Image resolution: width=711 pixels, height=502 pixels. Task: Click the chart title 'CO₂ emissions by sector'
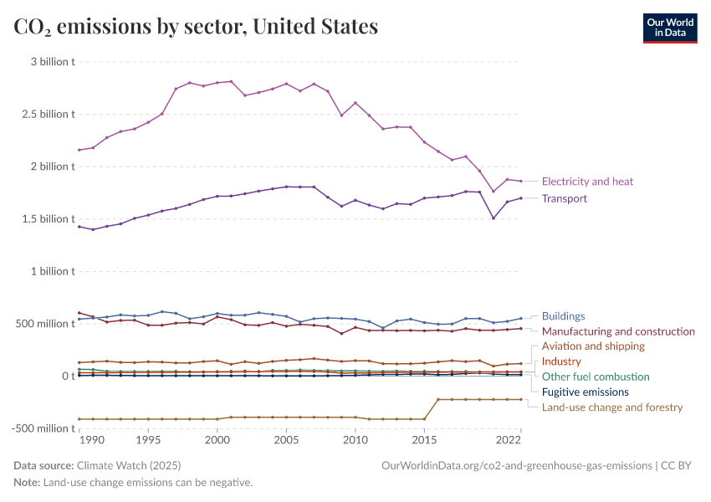tap(196, 27)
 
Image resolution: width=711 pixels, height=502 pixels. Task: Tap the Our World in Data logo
tap(669, 28)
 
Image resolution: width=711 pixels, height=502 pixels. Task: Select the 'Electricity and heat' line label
tap(587, 182)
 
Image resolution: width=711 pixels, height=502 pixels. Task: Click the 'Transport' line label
tap(565, 199)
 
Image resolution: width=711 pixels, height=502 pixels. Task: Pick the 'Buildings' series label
tap(563, 316)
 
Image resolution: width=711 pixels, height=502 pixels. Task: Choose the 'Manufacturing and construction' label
tap(618, 331)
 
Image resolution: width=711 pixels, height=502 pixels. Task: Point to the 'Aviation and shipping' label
tap(593, 346)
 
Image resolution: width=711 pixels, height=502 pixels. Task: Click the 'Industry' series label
tap(561, 361)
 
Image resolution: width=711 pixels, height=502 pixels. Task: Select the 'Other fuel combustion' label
tap(596, 376)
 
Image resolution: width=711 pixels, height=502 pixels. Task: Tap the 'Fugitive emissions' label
tap(585, 392)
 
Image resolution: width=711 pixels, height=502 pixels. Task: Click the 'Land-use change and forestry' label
tap(612, 407)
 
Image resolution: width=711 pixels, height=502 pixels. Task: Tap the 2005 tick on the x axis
tap(286, 439)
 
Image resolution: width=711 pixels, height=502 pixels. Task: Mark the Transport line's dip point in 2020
tap(494, 218)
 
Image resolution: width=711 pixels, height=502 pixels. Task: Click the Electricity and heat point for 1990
tap(93, 148)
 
